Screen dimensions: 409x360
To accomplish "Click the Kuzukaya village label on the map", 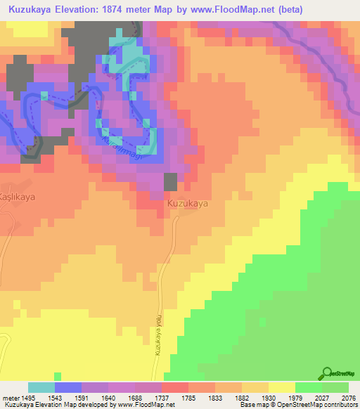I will coord(188,203).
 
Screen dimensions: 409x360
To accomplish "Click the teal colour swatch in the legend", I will coord(41,387).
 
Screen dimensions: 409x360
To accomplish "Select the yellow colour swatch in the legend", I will coord(282,387).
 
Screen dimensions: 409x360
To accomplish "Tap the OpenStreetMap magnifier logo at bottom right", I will coord(328,373).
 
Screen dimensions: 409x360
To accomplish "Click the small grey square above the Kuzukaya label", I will coord(171,181).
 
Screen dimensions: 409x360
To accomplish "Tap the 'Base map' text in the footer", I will coord(251,405).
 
